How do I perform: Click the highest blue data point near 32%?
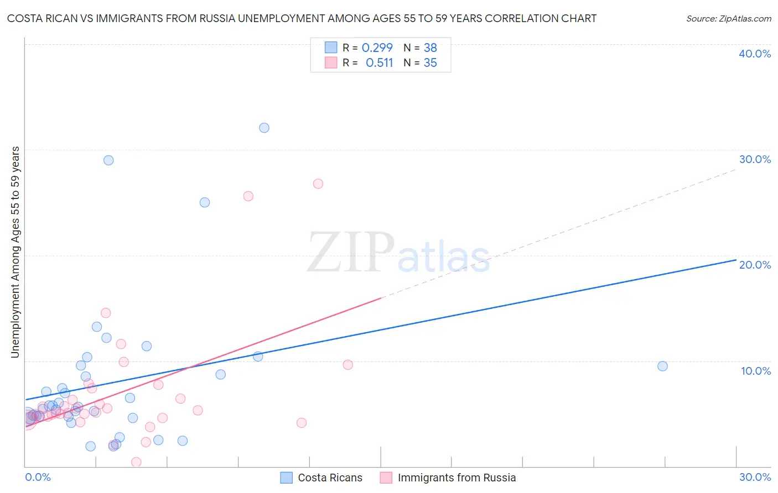click(264, 128)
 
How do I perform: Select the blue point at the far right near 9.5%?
click(662, 366)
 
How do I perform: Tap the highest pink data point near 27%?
click(318, 183)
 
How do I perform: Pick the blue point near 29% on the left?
click(108, 160)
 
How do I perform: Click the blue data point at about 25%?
click(205, 202)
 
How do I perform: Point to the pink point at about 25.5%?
click(248, 196)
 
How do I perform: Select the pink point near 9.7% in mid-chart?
click(348, 365)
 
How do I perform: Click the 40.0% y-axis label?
click(755, 54)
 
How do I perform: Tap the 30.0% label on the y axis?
click(755, 159)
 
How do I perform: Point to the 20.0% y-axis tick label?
click(755, 265)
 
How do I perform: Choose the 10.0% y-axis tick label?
click(756, 371)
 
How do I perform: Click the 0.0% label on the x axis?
click(38, 477)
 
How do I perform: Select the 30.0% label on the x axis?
click(755, 477)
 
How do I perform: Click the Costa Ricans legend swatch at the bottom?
click(286, 478)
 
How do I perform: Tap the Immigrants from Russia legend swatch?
click(386, 478)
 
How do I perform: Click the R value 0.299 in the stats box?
click(377, 48)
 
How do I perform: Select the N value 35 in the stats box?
click(430, 63)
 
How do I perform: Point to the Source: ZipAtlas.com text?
click(728, 19)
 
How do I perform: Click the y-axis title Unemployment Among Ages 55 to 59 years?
click(15, 252)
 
